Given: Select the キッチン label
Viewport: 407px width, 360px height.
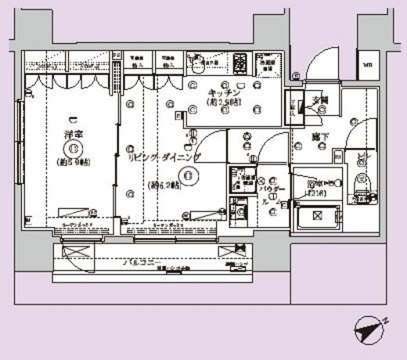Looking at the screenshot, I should pyautogui.click(x=217, y=91).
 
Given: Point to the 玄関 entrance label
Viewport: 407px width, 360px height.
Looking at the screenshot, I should pyautogui.click(x=322, y=99).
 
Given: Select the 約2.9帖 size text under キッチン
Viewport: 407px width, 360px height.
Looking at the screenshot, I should pyautogui.click(x=222, y=103).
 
